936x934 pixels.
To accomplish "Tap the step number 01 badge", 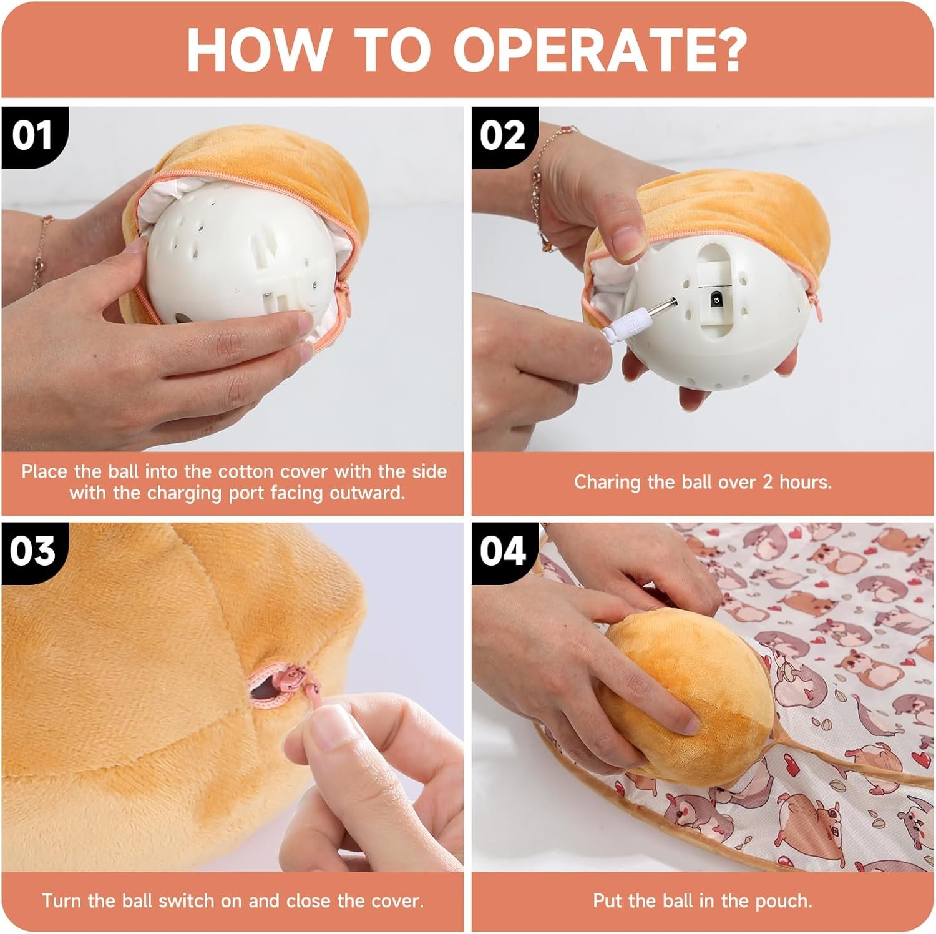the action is click(x=33, y=135).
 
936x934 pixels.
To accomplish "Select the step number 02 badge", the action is click(x=503, y=135).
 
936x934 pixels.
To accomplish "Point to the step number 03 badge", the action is click(x=33, y=551).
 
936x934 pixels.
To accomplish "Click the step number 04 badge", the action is click(x=503, y=551).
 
